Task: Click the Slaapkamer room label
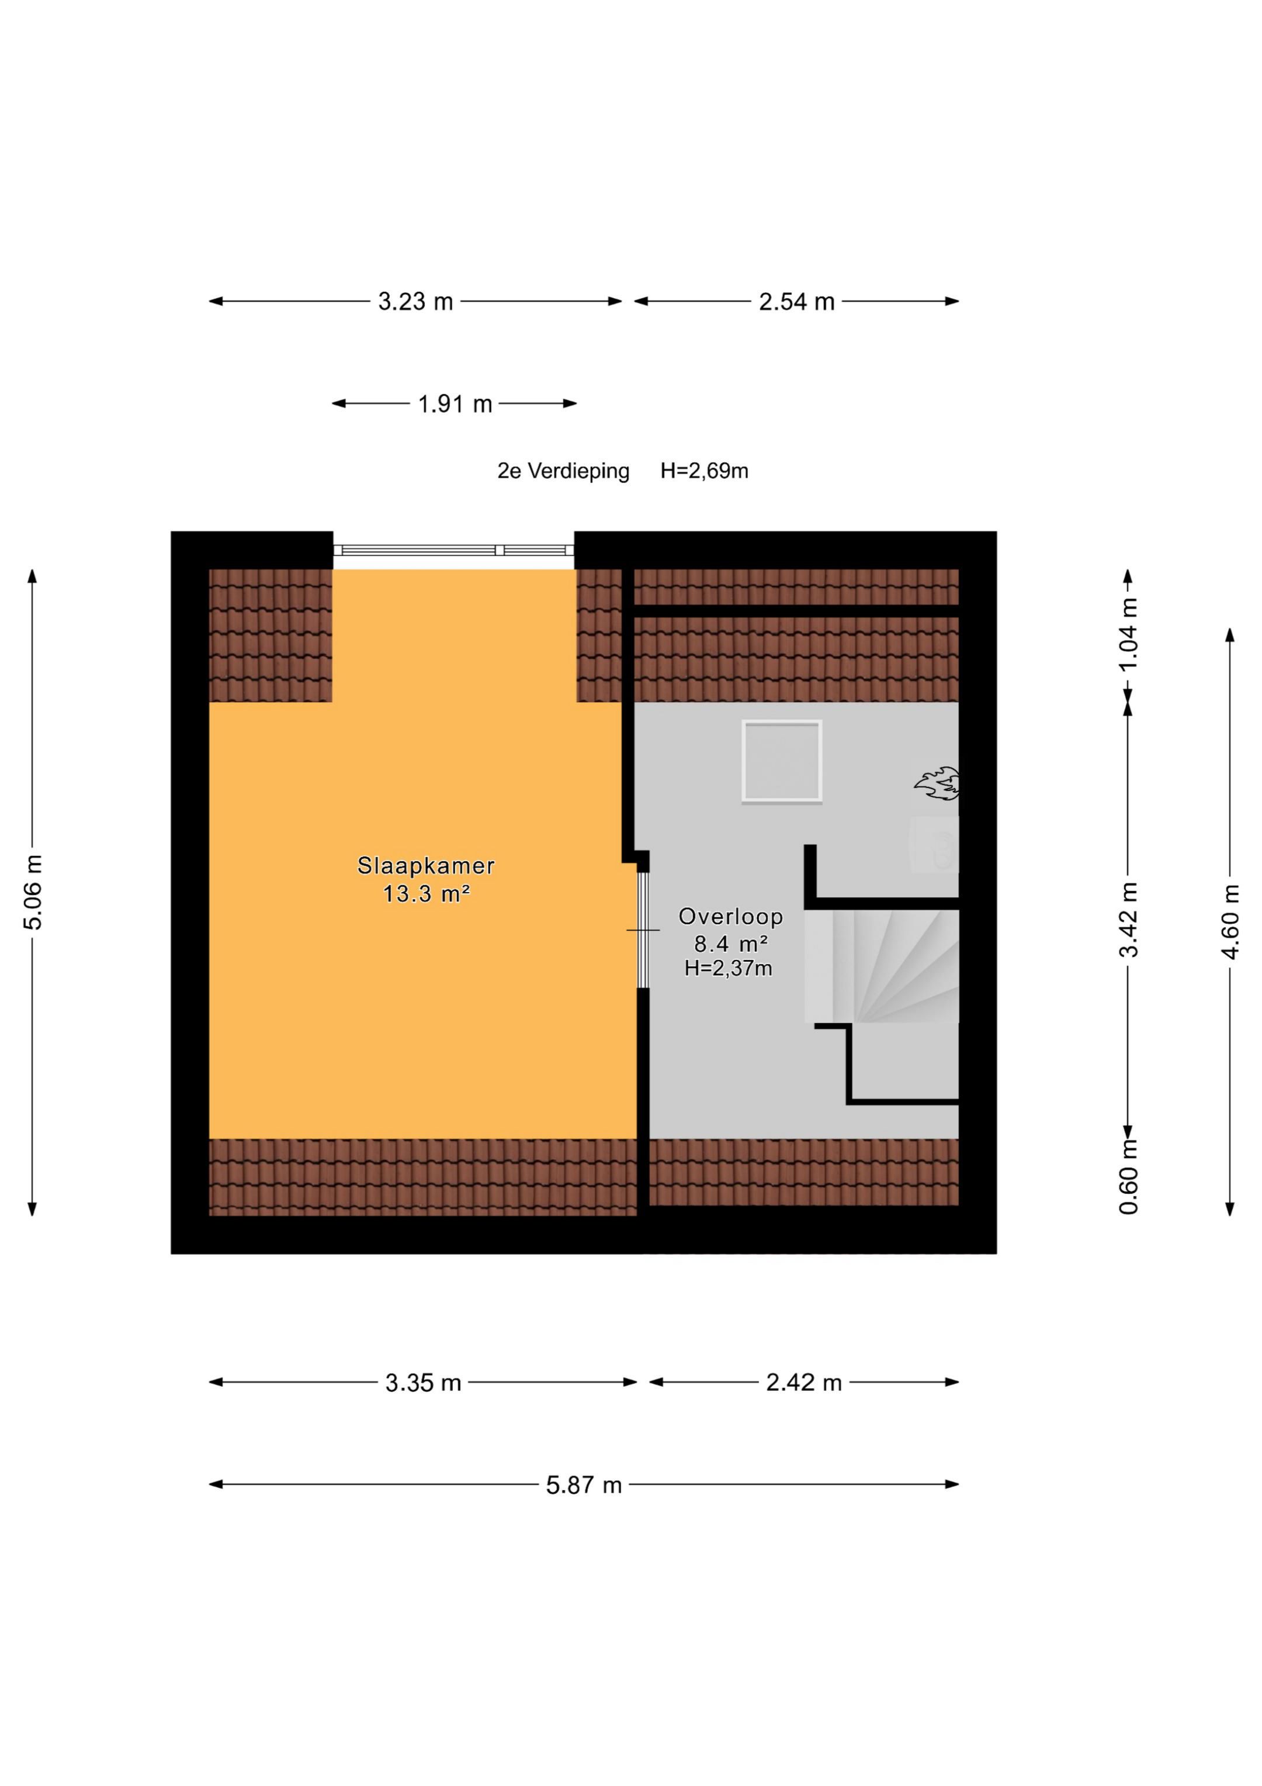[425, 866]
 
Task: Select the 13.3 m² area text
[425, 894]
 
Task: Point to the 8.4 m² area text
[731, 944]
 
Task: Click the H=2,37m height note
[728, 969]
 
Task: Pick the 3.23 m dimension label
[415, 302]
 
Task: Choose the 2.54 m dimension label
[796, 302]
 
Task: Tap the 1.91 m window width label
[455, 405]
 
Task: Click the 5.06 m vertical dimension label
[33, 892]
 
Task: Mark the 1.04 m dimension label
[1128, 634]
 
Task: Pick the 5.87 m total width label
[583, 1486]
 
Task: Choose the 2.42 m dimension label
[804, 1382]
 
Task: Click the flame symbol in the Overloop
[937, 783]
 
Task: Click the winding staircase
[882, 967]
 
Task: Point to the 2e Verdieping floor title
[563, 471]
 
